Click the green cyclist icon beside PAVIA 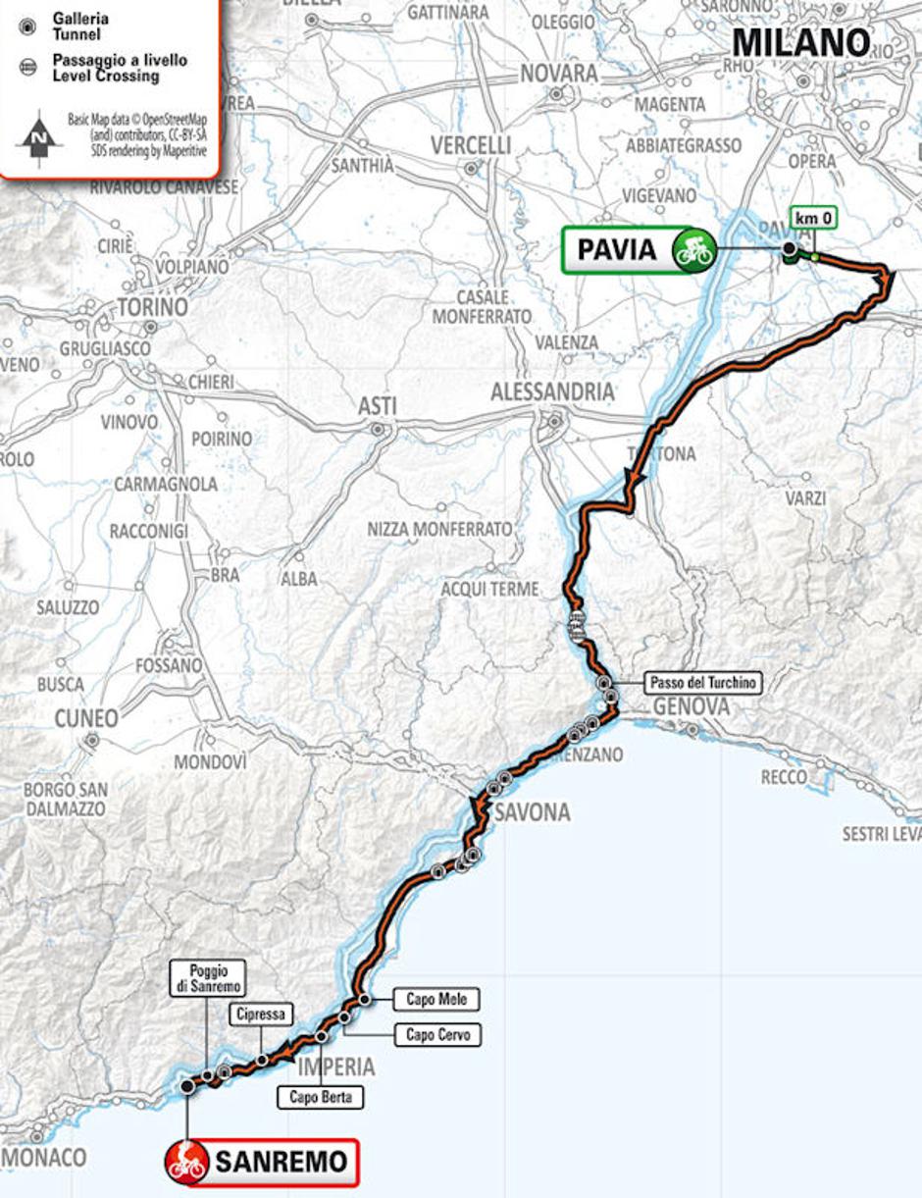tap(692, 249)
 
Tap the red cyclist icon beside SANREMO tap(186, 1162)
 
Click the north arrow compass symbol tap(38, 135)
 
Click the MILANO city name tap(801, 42)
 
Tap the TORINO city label tap(151, 307)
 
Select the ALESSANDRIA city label tap(552, 391)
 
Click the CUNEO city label tap(86, 718)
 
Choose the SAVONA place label tap(532, 812)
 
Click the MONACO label tap(44, 1158)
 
